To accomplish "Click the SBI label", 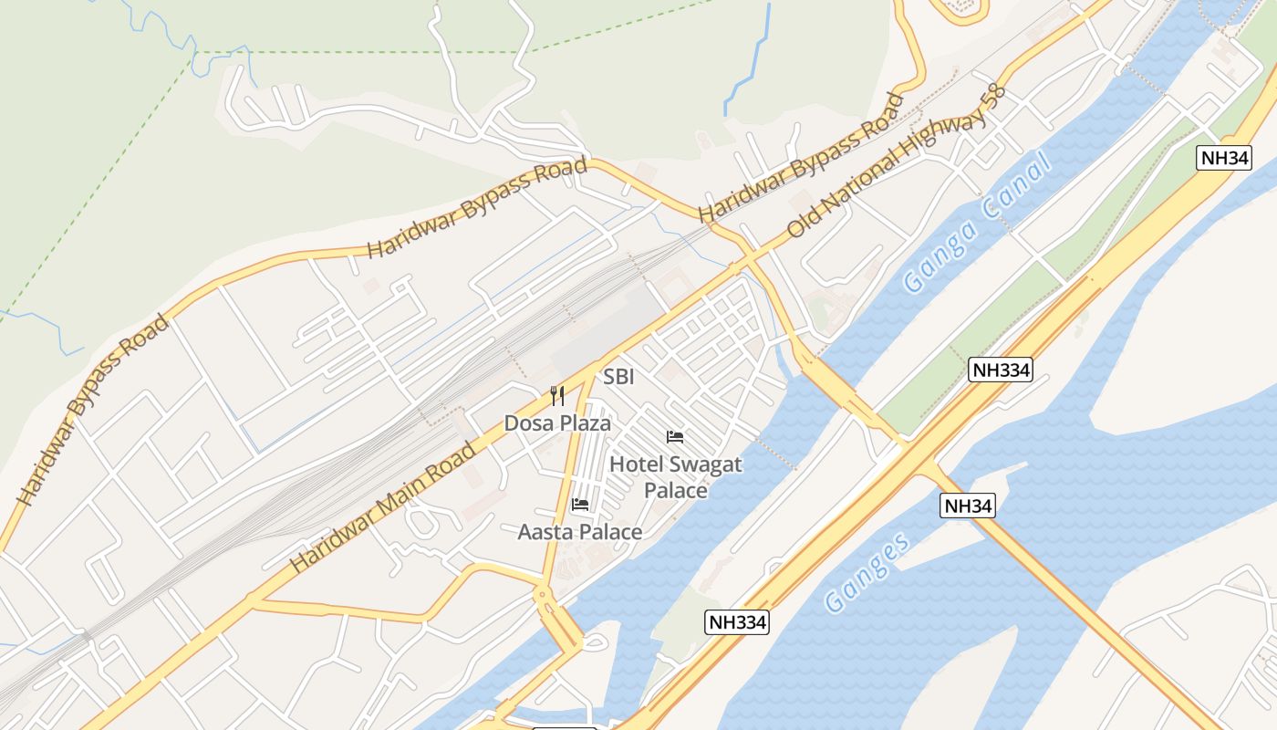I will pyautogui.click(x=618, y=377).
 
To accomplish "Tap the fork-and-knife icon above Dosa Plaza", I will pyautogui.click(x=557, y=396).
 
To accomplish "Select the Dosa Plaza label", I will pyautogui.click(x=557, y=423).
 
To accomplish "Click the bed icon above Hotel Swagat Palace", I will pyautogui.click(x=675, y=437).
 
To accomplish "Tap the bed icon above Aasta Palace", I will pyautogui.click(x=580, y=505).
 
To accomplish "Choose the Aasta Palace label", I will pyautogui.click(x=580, y=532).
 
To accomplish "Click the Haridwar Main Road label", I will pyautogui.click(x=383, y=507).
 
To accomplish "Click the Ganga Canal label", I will pyautogui.click(x=976, y=223).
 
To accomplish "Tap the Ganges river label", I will pyautogui.click(x=867, y=571).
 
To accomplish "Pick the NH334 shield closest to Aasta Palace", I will pyautogui.click(x=737, y=623).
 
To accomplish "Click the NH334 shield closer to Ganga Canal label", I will pyautogui.click(x=1001, y=370).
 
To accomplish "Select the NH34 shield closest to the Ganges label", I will pyautogui.click(x=968, y=506).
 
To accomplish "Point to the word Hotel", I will pyautogui.click(x=637, y=464).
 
